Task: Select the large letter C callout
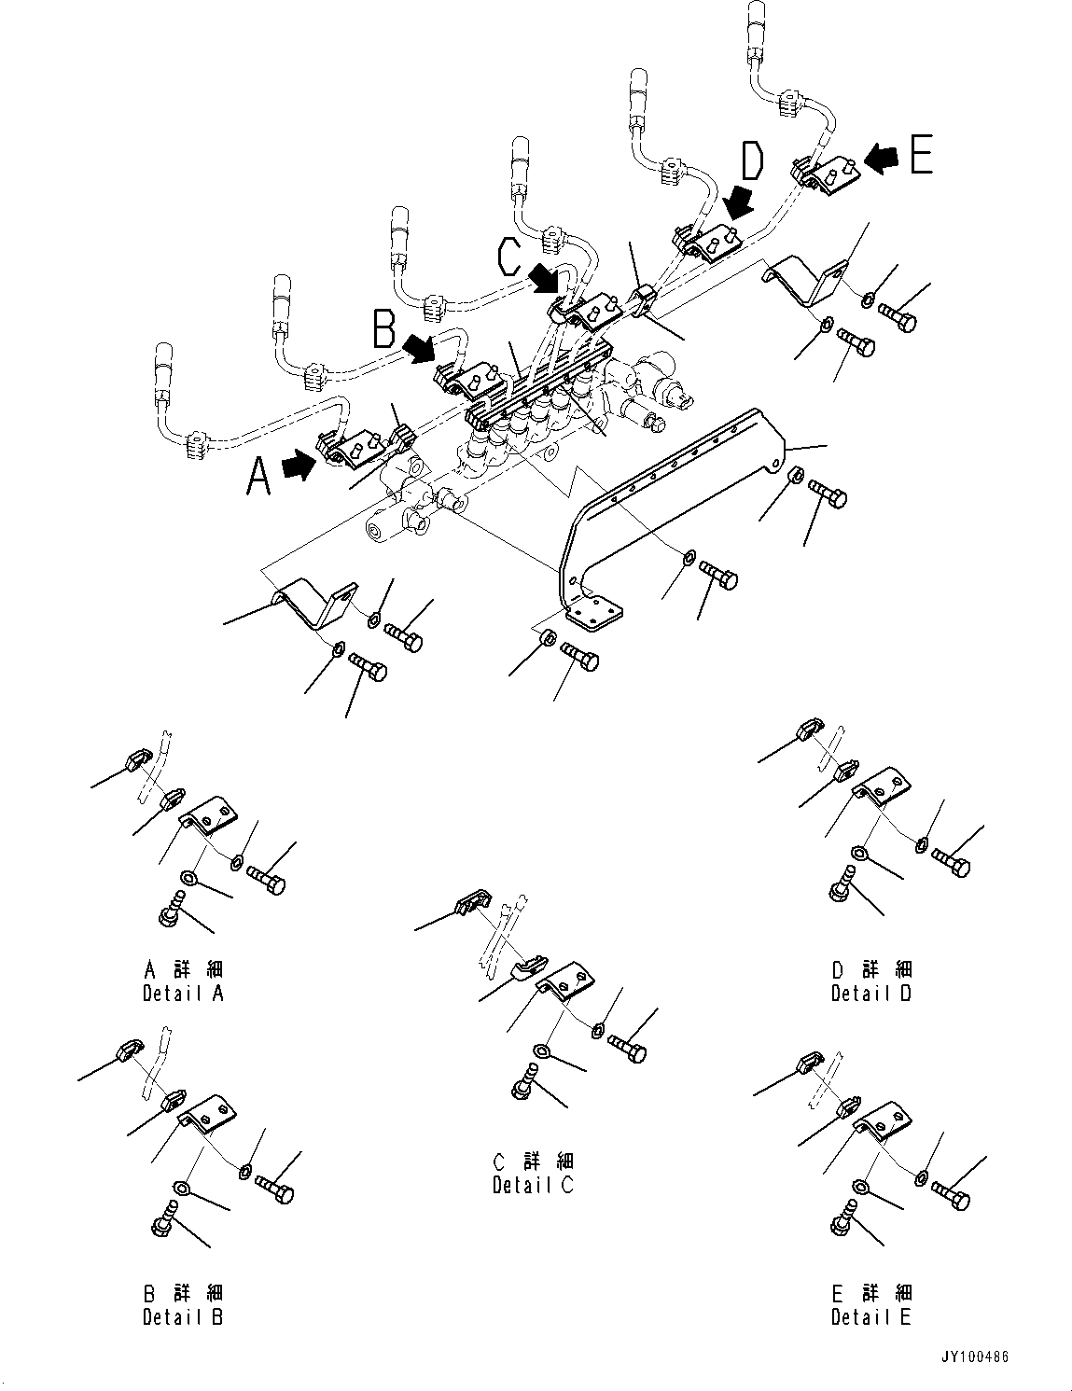[509, 257]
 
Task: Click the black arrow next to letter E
[878, 160]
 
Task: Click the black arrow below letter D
[742, 200]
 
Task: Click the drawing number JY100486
[975, 1357]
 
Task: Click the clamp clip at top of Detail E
[809, 1063]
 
